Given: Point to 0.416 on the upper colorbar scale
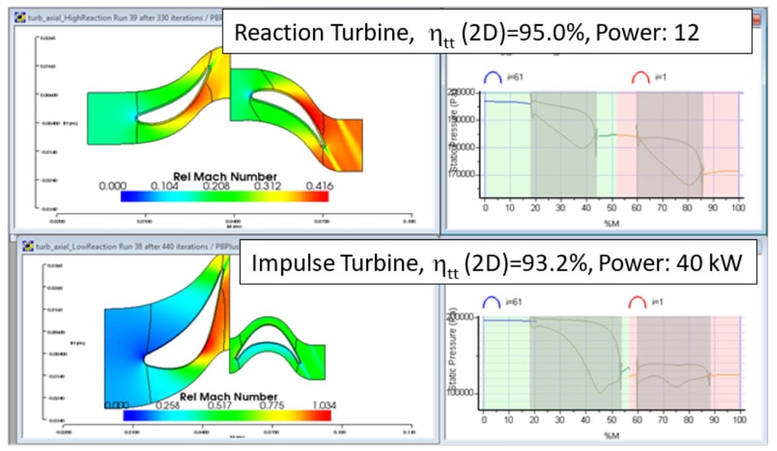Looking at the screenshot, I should pyautogui.click(x=318, y=186).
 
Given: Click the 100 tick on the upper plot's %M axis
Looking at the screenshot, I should pyautogui.click(x=735, y=208).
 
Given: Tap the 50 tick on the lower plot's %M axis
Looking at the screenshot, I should pyautogui.click(x=611, y=419).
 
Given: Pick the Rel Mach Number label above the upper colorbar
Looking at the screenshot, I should pyautogui.click(x=225, y=176).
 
